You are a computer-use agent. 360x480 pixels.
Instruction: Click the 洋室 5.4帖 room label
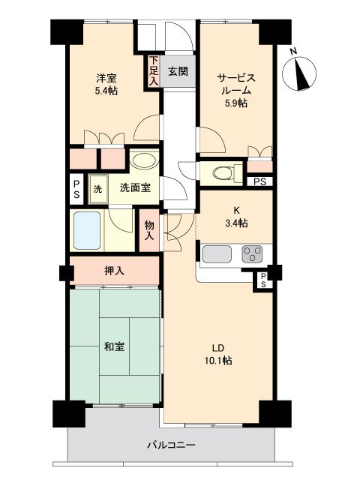[106, 83]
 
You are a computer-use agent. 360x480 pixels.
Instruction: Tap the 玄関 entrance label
[178, 72]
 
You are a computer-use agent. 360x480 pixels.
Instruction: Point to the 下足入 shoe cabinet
[154, 71]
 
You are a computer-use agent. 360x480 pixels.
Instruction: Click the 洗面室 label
[135, 187]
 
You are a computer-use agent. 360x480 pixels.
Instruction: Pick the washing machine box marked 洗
[97, 187]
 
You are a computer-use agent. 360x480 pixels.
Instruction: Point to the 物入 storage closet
[149, 230]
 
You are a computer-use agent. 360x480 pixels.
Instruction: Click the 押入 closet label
[114, 270]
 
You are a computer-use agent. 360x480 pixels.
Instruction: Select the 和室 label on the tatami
[114, 346]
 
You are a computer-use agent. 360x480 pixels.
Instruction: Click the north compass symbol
[302, 71]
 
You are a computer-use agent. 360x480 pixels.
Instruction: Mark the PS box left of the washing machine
[76, 187]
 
